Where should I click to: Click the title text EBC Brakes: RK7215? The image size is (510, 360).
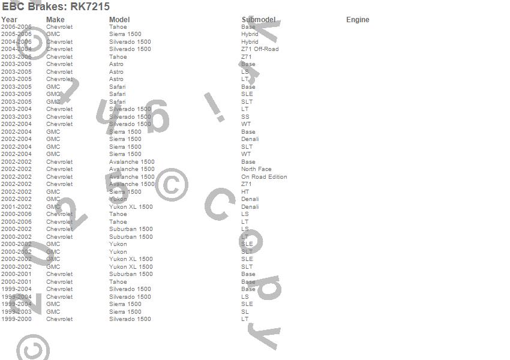[56, 7]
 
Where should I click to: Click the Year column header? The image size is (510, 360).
[9, 20]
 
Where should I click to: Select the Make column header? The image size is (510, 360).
[55, 20]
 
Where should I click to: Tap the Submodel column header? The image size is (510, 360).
[259, 20]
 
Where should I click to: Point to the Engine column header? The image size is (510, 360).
[358, 20]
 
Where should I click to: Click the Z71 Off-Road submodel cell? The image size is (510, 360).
[260, 49]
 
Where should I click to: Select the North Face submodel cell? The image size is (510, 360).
[256, 169]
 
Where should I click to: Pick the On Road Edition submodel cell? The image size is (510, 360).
[264, 177]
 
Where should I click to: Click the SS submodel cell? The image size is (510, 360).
[245, 117]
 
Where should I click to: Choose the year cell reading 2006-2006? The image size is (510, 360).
[16, 27]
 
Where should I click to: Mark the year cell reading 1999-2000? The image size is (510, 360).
[16, 319]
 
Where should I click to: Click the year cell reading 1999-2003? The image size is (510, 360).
[16, 312]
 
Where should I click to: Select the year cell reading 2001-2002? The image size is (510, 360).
[16, 207]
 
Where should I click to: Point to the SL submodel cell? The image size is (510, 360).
[245, 312]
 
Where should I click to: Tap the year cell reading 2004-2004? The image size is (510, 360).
[16, 49]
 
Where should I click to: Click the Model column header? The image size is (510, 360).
[119, 20]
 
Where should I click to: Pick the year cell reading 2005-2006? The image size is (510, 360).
[16, 34]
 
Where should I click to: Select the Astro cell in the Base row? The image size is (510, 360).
[116, 64]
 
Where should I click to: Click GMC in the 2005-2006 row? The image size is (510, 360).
[53, 34]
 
